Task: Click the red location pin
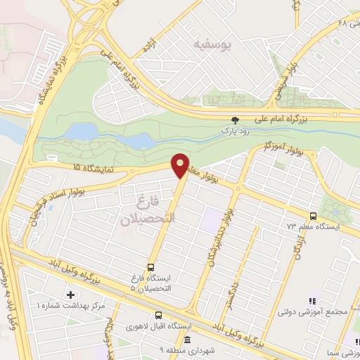click(181, 165)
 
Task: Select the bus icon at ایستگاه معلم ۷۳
click(313, 216)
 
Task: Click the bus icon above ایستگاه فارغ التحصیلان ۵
click(151, 267)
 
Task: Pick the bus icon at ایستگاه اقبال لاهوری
click(160, 316)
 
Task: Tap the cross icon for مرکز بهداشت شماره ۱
click(70, 295)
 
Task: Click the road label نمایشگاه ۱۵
click(86, 167)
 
